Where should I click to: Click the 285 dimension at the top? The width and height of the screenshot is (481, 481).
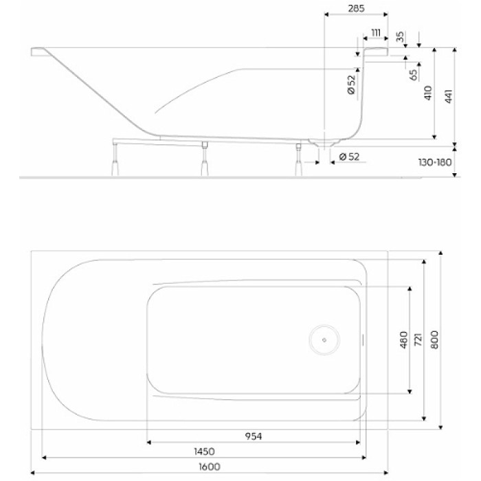coord(355,9)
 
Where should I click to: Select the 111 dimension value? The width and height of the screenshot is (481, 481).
coord(376,33)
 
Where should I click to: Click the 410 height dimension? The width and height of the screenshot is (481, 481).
coord(427,93)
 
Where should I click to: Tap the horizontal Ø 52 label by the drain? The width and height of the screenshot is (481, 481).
coord(350,157)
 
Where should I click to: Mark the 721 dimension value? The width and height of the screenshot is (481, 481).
coord(418,339)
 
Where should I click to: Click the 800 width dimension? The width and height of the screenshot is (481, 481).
coord(434,339)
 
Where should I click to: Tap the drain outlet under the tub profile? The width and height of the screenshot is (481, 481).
coord(323,144)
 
